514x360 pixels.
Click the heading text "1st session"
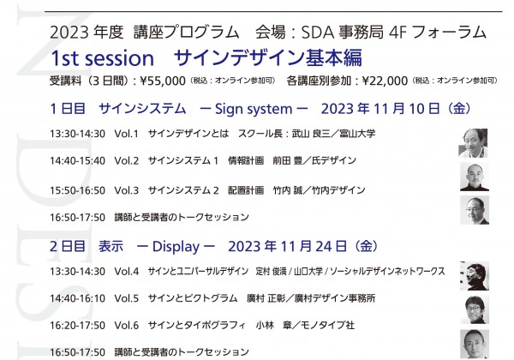point(102,58)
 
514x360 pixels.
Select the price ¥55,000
point(163,81)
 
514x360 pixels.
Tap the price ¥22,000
point(385,81)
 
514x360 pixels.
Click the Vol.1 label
point(127,134)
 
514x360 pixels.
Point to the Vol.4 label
point(127,272)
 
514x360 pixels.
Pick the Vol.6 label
point(127,325)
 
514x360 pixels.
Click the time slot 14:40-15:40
point(77,160)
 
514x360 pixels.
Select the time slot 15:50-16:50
point(77,190)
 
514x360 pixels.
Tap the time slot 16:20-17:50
point(77,325)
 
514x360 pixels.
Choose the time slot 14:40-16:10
point(77,298)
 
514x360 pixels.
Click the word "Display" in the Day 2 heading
point(176,247)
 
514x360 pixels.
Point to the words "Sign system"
point(254,109)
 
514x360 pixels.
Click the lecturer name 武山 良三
point(311,134)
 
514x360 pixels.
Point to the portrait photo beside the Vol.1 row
point(473,143)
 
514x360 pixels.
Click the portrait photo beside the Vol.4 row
point(475,276)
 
